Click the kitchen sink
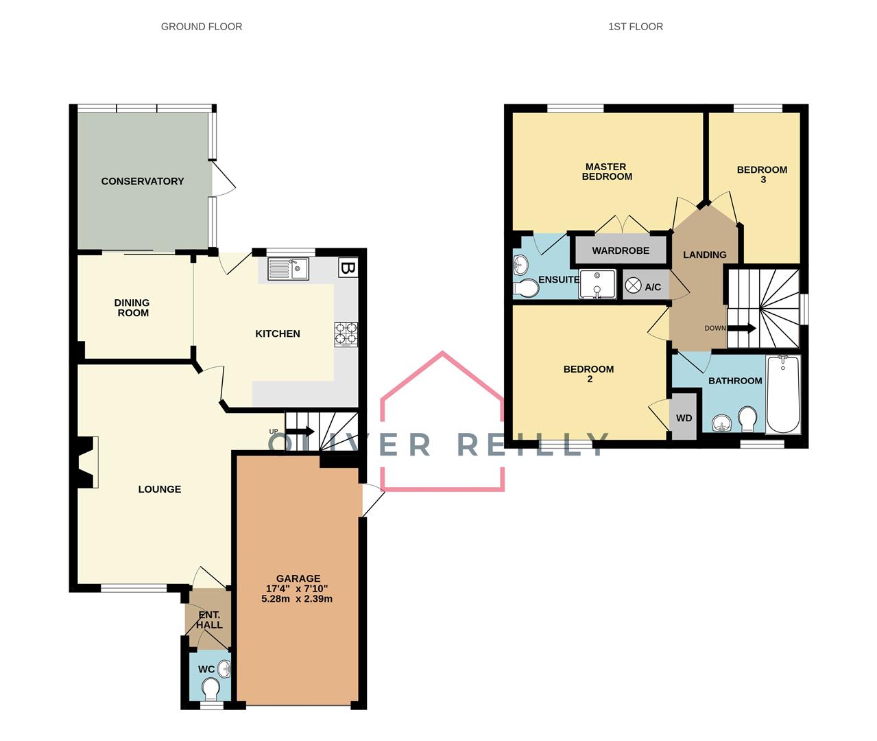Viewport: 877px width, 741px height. pyautogui.click(x=289, y=269)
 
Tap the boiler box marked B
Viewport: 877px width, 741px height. pyautogui.click(x=348, y=268)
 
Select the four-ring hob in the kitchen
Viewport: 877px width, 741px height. pyautogui.click(x=346, y=334)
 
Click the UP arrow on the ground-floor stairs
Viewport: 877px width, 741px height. pyautogui.click(x=300, y=432)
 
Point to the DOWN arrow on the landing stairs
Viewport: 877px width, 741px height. pyautogui.click(x=742, y=328)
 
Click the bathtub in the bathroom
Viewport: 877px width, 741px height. pyautogui.click(x=783, y=395)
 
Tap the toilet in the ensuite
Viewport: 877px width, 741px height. pyautogui.click(x=527, y=289)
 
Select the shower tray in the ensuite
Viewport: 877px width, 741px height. pyautogui.click(x=597, y=284)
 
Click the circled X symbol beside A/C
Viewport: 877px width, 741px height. pyautogui.click(x=633, y=286)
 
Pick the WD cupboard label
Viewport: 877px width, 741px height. pyautogui.click(x=684, y=419)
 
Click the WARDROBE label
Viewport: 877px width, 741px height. pyautogui.click(x=621, y=250)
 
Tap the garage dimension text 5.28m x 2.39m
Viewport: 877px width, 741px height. pyautogui.click(x=297, y=598)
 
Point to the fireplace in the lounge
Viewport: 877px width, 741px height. pyautogui.click(x=87, y=462)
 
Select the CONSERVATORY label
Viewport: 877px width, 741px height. pyautogui.click(x=143, y=181)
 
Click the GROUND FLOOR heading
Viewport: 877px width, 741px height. pyautogui.click(x=202, y=27)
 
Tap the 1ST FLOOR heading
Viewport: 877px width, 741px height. pyautogui.click(x=636, y=27)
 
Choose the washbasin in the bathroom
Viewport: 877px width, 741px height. pyautogui.click(x=722, y=423)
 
